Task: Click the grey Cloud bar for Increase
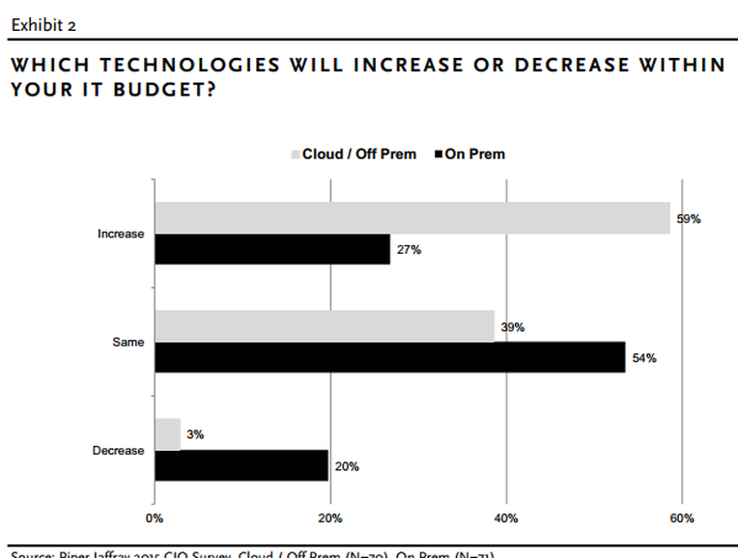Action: click(412, 218)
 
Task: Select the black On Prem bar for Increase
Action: click(272, 249)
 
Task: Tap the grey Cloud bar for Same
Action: click(325, 326)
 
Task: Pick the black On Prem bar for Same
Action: click(390, 357)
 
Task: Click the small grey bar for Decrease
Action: click(168, 434)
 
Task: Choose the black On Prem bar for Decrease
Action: click(241, 465)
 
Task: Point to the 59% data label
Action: click(688, 219)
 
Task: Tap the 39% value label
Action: click(512, 327)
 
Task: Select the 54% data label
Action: click(644, 358)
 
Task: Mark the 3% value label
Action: click(195, 435)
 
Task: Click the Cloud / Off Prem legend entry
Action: click(354, 153)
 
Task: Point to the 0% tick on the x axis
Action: click(155, 518)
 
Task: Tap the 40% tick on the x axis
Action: click(507, 518)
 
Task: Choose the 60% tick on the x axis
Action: click(682, 518)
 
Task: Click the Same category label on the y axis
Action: click(128, 343)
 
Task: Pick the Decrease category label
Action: click(118, 451)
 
